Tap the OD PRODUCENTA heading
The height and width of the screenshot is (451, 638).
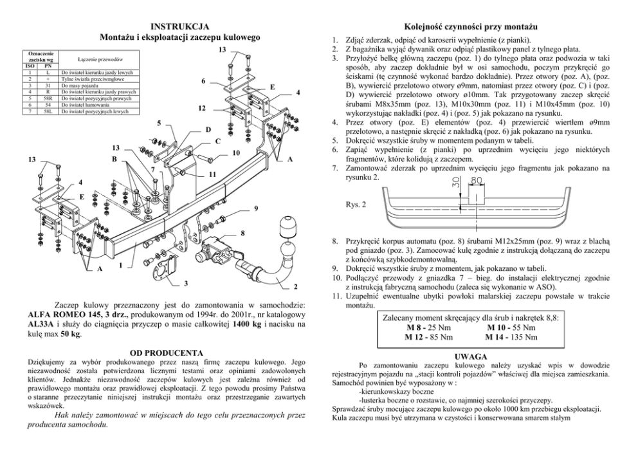167,353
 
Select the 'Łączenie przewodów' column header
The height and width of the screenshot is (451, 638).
95,59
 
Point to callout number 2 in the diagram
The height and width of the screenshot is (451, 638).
295,285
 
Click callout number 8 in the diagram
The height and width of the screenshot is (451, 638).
242,232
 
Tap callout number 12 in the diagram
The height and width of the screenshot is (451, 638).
201,107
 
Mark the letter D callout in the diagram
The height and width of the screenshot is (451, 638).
207,129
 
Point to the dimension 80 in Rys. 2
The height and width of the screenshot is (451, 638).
477,181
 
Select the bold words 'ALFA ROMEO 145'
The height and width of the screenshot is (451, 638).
64,314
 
